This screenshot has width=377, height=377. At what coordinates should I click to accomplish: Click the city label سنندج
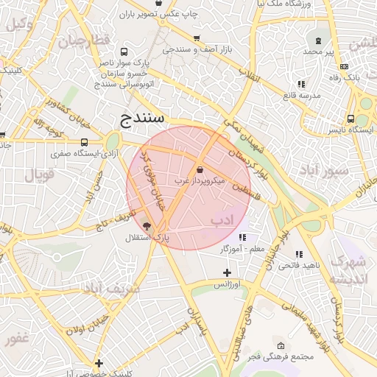[x=145, y=118]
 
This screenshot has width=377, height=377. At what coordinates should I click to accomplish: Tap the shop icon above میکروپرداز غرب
[x=200, y=169]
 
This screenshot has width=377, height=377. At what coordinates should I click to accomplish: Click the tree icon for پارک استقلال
[x=147, y=227]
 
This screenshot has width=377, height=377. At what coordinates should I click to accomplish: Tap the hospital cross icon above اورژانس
[x=227, y=273]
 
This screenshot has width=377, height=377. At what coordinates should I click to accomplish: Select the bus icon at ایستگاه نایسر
[x=351, y=119]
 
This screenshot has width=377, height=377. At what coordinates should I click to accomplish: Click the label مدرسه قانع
[x=301, y=96]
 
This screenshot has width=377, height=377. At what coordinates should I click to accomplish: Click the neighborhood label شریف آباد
[x=110, y=289]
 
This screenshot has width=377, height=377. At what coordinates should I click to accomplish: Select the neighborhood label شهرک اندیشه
[x=348, y=270]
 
